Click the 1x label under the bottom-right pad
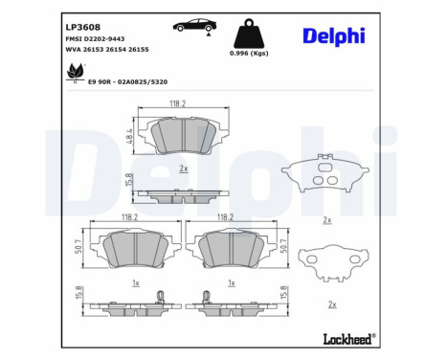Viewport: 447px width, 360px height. coord(231,284)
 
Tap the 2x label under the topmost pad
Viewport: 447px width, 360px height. coord(182,169)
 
